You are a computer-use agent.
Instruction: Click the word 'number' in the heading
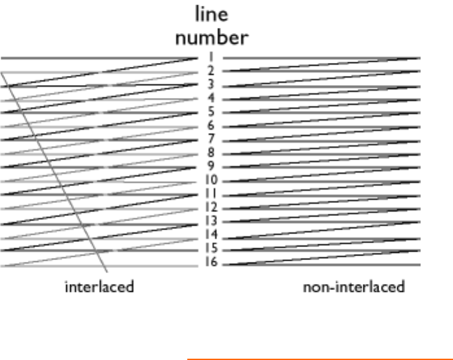[x=211, y=37]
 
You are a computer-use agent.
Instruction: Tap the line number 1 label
[x=211, y=57]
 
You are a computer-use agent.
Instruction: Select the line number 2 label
[x=211, y=71]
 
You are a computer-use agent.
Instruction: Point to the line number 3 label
[x=211, y=84]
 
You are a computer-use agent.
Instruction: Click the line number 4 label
[x=211, y=99]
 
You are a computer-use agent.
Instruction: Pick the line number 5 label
[x=211, y=112]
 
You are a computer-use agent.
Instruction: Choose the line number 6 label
[x=211, y=126]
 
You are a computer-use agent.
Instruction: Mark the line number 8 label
[x=211, y=153]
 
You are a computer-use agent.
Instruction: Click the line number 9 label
[x=211, y=167]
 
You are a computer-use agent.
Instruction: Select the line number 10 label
[x=211, y=180]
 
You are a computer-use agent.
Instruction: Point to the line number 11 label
[x=211, y=194]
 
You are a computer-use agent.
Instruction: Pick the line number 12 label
[x=211, y=208]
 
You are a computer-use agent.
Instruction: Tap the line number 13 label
[x=211, y=221]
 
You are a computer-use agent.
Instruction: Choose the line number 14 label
[x=211, y=235]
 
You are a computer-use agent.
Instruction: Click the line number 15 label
[x=211, y=248]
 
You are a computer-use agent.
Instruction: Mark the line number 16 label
[x=211, y=263]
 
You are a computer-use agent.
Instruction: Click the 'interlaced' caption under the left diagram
[x=99, y=287]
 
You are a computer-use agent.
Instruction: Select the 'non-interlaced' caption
[x=354, y=287]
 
